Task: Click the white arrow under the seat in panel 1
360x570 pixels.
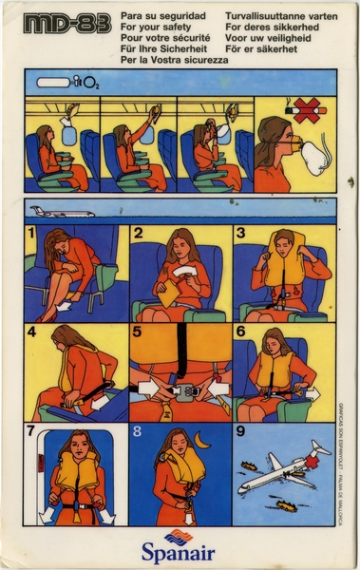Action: (x=61, y=307)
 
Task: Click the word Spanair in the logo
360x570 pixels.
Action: (x=180, y=550)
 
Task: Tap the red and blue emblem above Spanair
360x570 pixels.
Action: (x=180, y=533)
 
